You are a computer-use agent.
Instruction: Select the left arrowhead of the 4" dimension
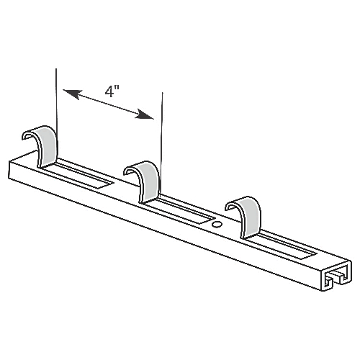68,91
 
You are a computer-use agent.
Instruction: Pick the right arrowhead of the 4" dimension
149,115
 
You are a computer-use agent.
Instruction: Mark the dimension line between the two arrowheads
109,104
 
